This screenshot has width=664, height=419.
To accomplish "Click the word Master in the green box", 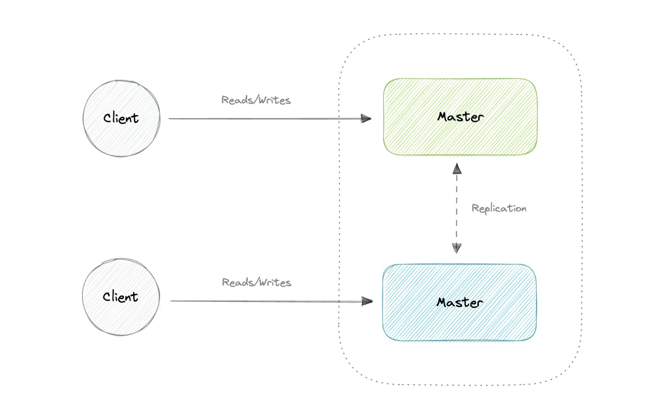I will tap(460, 117).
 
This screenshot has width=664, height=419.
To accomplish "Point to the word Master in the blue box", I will tap(459, 303).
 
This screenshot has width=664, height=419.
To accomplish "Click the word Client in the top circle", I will tap(121, 118).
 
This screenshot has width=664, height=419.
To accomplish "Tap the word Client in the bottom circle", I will tap(120, 297).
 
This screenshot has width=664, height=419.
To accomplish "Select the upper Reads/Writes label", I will tap(256, 100).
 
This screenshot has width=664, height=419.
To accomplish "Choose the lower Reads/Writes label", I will tap(256, 282).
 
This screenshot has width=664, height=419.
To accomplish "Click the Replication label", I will tap(499, 208).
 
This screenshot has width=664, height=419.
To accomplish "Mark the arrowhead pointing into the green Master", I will tap(366, 119).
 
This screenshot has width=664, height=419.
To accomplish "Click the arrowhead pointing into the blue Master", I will tap(367, 301).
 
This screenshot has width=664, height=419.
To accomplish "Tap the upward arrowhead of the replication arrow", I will tap(457, 169).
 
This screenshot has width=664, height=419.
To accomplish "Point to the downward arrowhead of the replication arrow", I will tap(456, 247).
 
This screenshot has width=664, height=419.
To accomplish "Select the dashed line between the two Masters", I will tap(456, 208).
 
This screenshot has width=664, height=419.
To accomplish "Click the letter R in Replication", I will tap(475, 208).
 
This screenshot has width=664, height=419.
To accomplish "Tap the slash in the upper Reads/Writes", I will tap(256, 100).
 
